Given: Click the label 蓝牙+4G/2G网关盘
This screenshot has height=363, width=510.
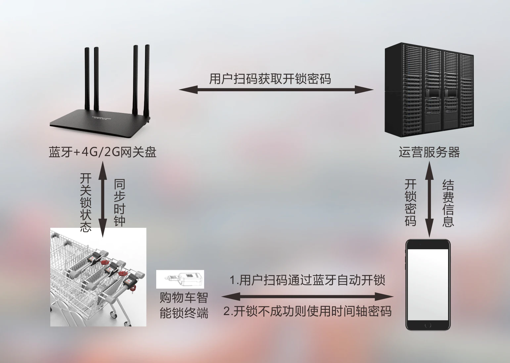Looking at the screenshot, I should point(102,152).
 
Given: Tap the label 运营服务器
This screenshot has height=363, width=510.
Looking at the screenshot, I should point(429,152).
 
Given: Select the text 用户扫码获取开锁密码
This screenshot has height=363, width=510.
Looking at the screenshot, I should point(270,79).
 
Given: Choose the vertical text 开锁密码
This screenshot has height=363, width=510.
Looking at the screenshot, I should point(410,202).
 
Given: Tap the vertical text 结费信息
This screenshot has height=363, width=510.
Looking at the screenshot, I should point(448,203).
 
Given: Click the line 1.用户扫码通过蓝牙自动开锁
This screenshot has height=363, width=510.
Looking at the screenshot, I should point(307,280).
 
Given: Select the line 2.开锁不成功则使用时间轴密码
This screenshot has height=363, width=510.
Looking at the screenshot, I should point(307,311).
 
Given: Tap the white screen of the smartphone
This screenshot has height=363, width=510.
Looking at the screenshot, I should point(428,284).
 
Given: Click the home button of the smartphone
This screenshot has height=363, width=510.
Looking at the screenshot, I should point(428,325).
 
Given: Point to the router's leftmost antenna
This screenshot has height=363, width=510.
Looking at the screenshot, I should point(87,79).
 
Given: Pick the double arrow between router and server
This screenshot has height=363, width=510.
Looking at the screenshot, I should point(276,89).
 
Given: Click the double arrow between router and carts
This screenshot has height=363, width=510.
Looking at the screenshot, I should point(103,200).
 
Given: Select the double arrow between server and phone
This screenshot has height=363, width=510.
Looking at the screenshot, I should point(429,202).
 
